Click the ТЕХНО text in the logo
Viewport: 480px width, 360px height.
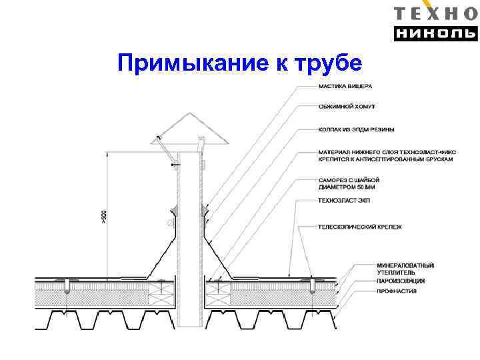(x=436, y=13)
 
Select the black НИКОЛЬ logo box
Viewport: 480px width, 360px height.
(x=436, y=33)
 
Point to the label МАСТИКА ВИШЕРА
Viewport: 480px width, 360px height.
(x=345, y=87)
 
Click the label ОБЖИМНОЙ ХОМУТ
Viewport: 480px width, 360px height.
(x=347, y=107)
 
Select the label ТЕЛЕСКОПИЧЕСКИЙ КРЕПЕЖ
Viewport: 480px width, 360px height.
(x=360, y=227)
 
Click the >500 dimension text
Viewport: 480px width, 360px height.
(x=104, y=217)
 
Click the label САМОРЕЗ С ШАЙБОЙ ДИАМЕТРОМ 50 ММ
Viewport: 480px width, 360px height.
(x=349, y=183)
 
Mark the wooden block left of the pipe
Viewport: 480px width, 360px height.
(x=162, y=289)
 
